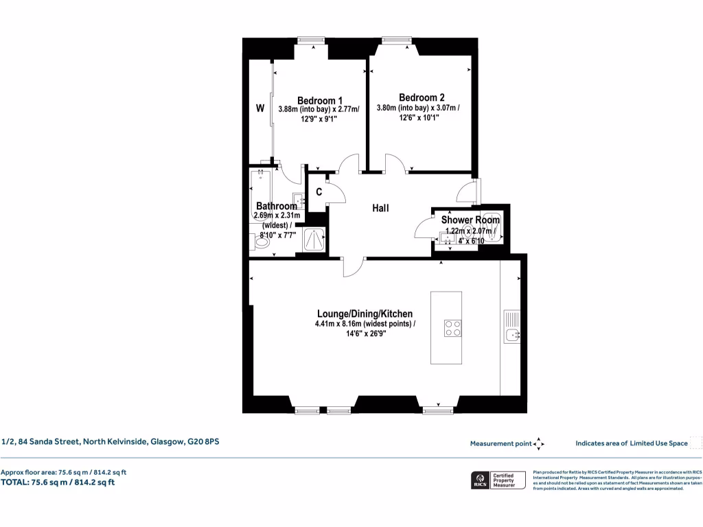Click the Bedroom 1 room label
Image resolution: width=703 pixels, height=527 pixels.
pos(320,99)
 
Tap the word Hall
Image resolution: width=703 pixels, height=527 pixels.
pos(381,207)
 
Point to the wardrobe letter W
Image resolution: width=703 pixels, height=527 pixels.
pos(260,108)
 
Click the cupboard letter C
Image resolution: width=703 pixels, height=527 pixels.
pos(319,192)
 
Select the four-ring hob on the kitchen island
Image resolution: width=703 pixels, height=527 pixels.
pos(452,328)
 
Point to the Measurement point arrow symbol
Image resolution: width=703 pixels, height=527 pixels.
pos(539,444)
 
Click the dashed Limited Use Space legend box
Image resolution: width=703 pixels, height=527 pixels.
pos(695,443)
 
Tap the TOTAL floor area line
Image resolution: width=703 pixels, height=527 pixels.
pos(58,482)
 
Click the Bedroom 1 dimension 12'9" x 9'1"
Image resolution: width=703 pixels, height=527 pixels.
pos(320,119)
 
